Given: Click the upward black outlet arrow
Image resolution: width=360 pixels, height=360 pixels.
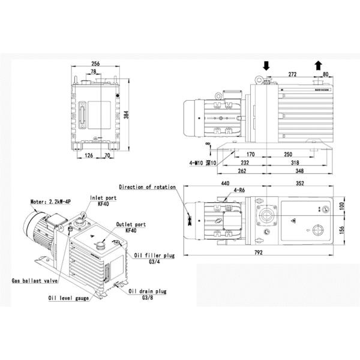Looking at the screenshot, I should pyautogui.click(x=317, y=64).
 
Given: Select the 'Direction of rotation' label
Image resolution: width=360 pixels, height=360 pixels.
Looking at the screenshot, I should pyautogui.click(x=147, y=187).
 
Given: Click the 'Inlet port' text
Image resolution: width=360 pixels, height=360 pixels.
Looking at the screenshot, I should pyautogui.click(x=103, y=197).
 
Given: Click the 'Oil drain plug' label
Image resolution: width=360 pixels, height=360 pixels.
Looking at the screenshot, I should pyautogui.click(x=148, y=292).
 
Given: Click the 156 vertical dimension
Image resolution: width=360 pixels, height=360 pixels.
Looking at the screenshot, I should pyautogui.click(x=340, y=231).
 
